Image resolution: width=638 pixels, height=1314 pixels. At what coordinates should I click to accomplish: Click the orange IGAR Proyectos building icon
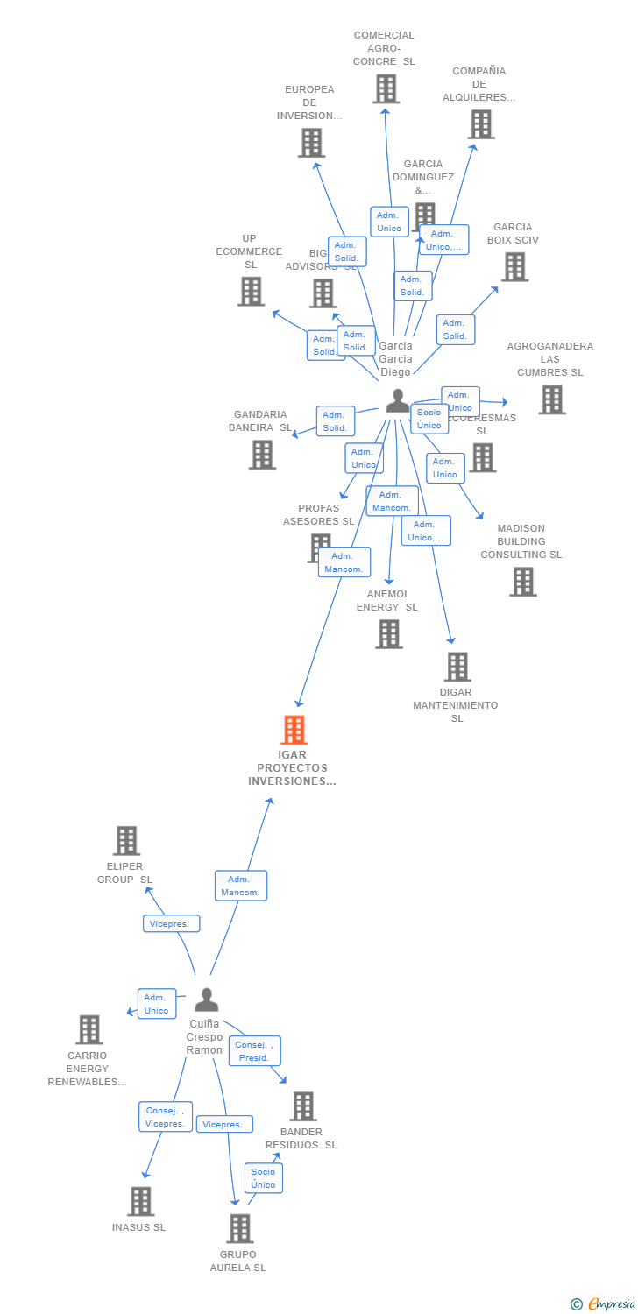click(x=294, y=730)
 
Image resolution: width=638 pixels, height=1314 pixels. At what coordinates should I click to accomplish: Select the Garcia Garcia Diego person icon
click(x=397, y=400)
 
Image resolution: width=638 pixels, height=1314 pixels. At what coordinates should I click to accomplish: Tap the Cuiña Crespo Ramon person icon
click(x=206, y=1000)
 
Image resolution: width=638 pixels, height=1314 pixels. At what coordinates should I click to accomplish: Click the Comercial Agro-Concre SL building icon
click(x=386, y=88)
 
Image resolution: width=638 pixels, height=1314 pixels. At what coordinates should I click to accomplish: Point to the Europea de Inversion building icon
click(x=311, y=143)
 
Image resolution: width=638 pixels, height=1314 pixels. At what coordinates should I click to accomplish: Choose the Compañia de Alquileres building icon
click(x=481, y=124)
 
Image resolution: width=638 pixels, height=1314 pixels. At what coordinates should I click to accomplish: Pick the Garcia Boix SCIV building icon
click(x=514, y=266)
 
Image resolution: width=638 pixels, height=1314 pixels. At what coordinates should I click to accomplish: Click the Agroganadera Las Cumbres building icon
click(x=551, y=399)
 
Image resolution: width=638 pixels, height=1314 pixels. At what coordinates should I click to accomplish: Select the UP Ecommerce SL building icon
click(x=251, y=291)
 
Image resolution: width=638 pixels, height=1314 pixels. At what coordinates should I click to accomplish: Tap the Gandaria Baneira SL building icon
click(x=261, y=454)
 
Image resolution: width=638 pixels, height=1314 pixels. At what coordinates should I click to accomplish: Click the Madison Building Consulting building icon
click(x=522, y=582)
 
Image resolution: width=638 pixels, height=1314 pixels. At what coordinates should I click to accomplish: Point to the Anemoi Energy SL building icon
click(x=388, y=633)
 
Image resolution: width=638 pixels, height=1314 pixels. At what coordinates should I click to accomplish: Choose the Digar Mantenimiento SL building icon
click(x=457, y=667)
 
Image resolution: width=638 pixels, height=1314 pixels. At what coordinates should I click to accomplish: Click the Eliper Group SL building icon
click(x=126, y=841)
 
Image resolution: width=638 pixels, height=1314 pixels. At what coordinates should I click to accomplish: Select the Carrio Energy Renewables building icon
click(x=89, y=1029)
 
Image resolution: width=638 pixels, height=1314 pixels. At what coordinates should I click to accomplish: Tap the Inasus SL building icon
click(x=140, y=1201)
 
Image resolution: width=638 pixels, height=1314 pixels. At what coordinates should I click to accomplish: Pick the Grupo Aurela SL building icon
click(x=239, y=1228)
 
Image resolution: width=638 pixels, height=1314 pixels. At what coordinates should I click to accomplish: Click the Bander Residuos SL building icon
click(x=302, y=1106)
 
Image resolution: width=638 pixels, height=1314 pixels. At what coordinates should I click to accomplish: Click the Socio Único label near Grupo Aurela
click(x=263, y=1178)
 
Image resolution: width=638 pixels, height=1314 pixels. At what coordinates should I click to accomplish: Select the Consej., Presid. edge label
click(x=255, y=1050)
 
